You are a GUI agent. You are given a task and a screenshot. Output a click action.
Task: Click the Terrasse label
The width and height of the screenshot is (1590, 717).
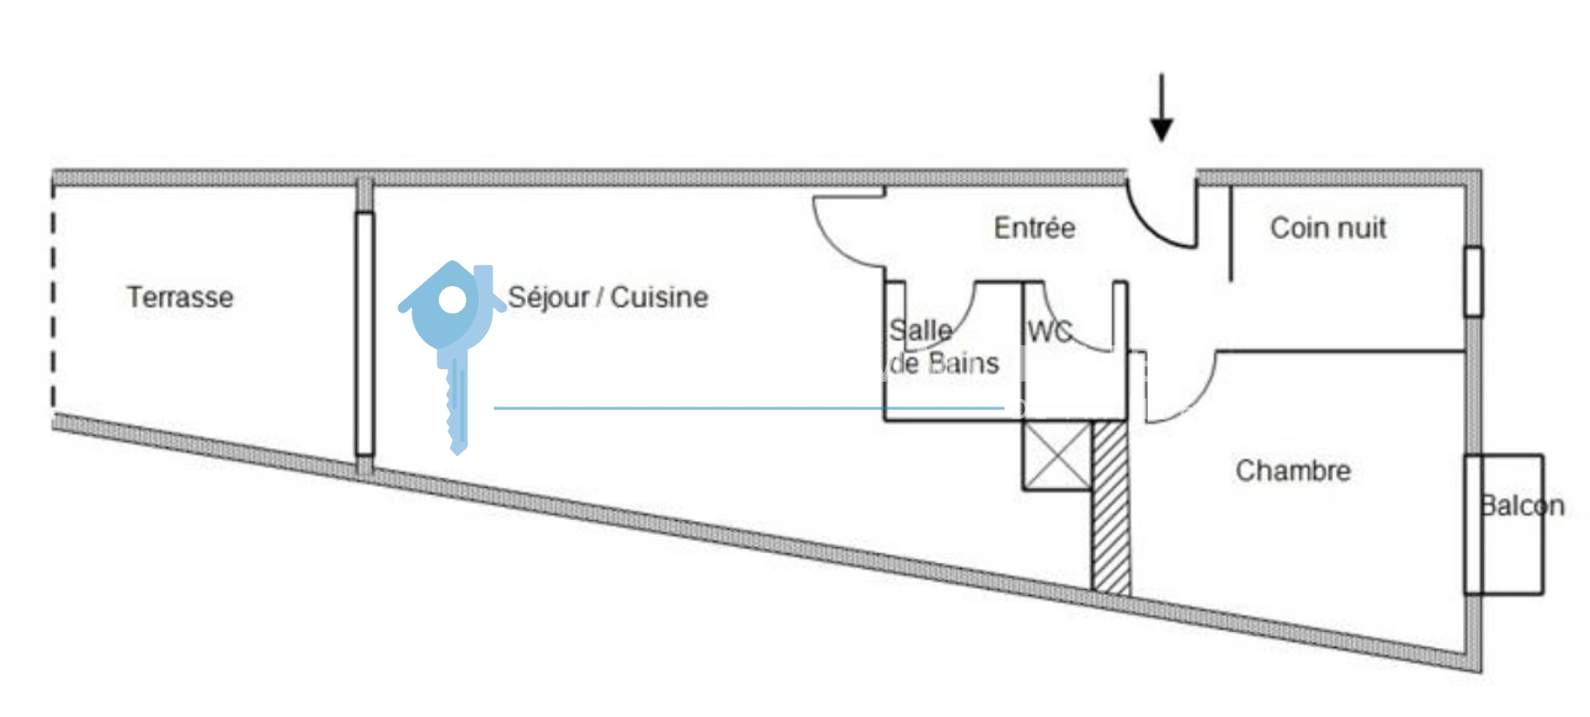coord(180,297)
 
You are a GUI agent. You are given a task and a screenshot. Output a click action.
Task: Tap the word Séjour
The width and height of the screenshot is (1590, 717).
coord(549,297)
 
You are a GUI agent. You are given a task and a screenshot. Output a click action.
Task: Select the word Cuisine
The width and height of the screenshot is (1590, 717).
coord(659,297)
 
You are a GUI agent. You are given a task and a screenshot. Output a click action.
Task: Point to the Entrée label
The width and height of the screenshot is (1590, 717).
coord(1034,228)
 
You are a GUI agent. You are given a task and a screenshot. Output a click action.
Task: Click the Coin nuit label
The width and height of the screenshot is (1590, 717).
coord(1328,228)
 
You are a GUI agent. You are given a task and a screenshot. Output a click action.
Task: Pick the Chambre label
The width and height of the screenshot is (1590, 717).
coord(1293,471)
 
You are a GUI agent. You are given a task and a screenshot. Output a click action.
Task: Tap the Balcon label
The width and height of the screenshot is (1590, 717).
coord(1522,506)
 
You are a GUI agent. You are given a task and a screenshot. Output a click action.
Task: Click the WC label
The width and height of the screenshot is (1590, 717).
coord(1050,331)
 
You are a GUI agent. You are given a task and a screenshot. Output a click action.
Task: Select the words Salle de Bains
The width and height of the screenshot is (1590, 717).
coord(943,347)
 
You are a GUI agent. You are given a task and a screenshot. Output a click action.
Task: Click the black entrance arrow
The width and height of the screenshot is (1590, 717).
coord(1161,108)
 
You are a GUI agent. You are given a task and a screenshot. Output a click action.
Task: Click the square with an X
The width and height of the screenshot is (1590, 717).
coord(1057,455)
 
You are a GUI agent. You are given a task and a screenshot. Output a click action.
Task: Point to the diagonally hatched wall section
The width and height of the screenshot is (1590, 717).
coord(1111,507)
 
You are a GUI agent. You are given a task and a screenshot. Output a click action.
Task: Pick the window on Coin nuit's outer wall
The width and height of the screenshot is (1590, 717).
coord(1473,281)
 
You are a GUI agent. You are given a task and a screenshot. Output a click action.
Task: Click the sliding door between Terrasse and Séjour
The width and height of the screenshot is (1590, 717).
coord(364,333)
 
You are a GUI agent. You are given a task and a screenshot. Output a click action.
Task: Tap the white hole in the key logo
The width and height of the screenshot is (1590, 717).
coord(453,299)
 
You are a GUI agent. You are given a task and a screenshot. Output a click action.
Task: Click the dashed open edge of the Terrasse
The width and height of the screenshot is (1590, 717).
coord(54,296)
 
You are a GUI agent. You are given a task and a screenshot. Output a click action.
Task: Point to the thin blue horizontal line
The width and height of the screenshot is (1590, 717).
coord(749,408)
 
